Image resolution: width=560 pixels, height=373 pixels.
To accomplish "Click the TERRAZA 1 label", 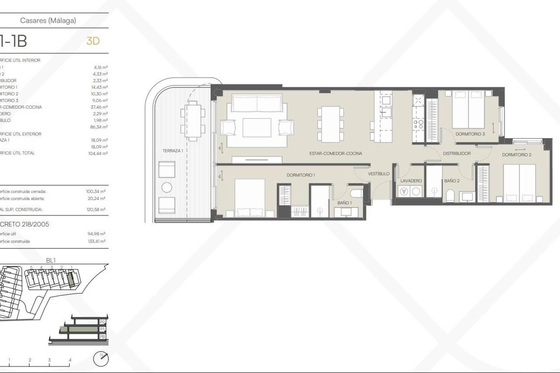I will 173,151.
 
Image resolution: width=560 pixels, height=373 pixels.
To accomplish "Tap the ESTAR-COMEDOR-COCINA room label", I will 336,153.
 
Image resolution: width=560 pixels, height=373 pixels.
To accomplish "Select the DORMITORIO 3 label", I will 470,134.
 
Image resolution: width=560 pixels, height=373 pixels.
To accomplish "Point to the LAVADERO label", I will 411,181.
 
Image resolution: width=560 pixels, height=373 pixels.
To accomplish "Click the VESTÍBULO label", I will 379,174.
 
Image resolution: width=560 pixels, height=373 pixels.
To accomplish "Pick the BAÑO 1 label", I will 344,203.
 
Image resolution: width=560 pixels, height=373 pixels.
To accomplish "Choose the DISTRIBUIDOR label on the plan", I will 457,153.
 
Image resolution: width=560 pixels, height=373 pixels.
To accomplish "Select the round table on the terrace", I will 167,187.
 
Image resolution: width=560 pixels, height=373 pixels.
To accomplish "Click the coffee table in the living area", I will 257,128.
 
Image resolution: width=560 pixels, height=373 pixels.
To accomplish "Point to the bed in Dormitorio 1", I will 250,198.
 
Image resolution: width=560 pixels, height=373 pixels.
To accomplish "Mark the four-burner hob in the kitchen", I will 418,124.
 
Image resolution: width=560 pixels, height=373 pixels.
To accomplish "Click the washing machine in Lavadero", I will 404,191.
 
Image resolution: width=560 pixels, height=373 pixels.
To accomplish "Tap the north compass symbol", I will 101,359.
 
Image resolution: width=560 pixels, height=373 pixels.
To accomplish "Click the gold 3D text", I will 93,41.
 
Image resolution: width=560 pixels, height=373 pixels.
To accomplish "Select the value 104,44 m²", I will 98,153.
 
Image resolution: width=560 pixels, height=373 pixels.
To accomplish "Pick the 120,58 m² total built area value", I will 97,210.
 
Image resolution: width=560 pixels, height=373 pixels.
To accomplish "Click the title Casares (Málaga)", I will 48,20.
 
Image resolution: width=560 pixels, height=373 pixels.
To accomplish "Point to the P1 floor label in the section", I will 102,329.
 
